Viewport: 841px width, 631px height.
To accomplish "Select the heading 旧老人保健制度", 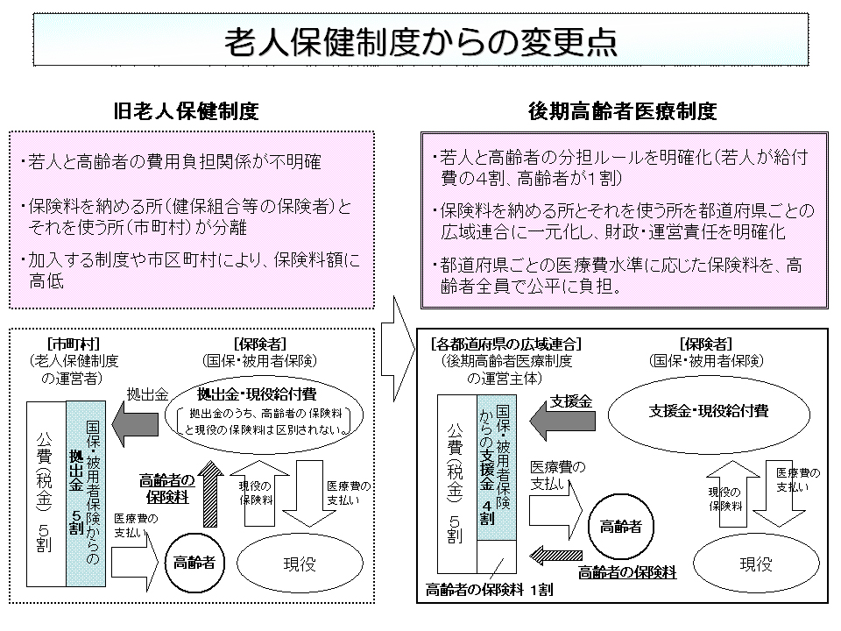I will [187, 112].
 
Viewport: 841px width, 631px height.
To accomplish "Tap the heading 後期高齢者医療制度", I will [623, 112].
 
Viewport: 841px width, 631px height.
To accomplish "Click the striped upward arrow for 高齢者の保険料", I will [210, 494].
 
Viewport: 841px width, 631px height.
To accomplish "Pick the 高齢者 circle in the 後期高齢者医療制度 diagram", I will [620, 527].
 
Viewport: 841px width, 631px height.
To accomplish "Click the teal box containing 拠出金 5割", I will [86, 494].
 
